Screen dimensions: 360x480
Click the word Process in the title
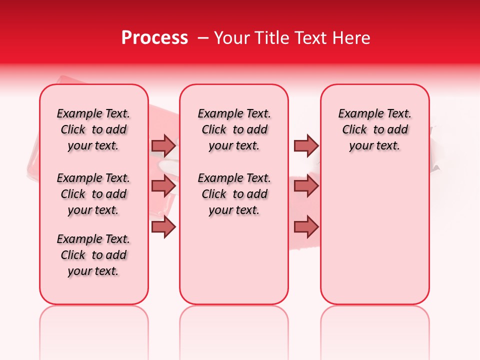point(154,38)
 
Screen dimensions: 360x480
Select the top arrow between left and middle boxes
point(163,145)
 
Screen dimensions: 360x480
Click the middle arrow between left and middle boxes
point(163,185)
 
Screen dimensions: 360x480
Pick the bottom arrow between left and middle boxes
point(163,226)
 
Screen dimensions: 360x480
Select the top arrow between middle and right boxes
point(306,145)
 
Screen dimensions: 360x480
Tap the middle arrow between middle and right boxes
point(306,185)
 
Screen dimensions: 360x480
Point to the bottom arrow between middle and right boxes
point(306,226)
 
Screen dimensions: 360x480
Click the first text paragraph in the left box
point(93,129)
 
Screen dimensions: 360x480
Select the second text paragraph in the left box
point(93,194)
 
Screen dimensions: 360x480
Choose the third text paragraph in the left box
point(93,255)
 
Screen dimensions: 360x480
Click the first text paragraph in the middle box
point(234,129)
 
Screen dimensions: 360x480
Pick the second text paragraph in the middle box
point(234,194)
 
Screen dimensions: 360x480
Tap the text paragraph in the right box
point(374,129)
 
